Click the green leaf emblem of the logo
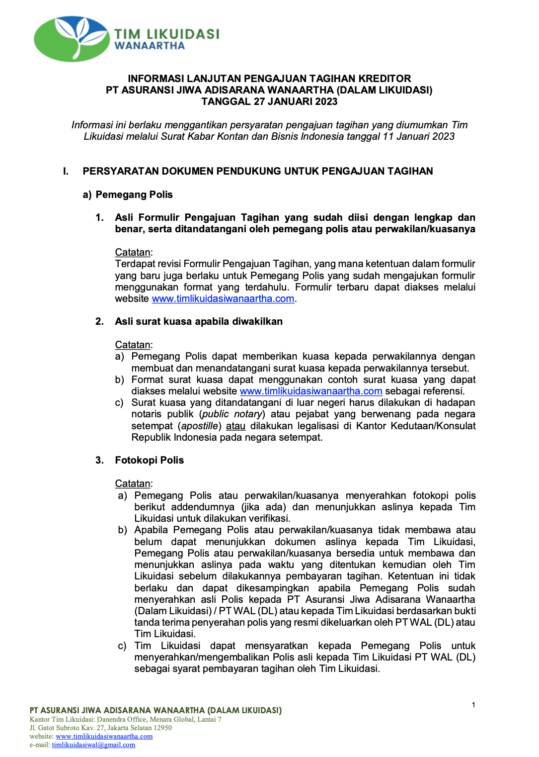click(x=72, y=39)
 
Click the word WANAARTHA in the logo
click(x=150, y=46)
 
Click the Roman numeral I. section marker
click(x=66, y=171)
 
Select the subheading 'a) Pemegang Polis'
click(x=128, y=194)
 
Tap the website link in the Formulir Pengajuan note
click(x=223, y=298)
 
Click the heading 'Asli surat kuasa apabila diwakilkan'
click(x=199, y=321)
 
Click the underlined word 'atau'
click(x=235, y=426)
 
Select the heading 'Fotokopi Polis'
click(x=150, y=460)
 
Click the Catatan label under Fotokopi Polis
click(x=133, y=483)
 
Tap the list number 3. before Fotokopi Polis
click(x=99, y=460)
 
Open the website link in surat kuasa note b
click(x=311, y=391)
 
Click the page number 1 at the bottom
click(x=473, y=705)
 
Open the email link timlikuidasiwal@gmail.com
click(x=93, y=745)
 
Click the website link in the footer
click(x=104, y=736)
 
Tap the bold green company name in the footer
click(x=155, y=710)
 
